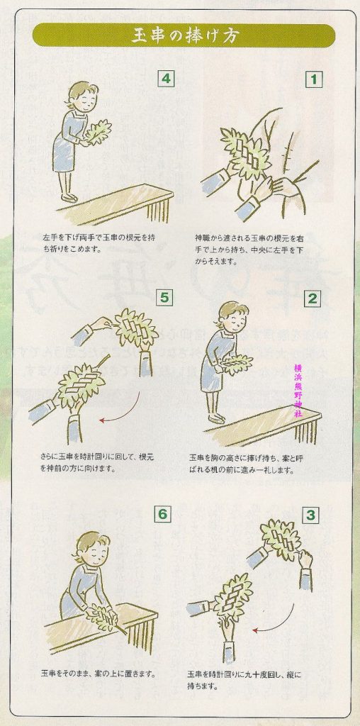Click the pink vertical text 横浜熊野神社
(298, 391)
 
